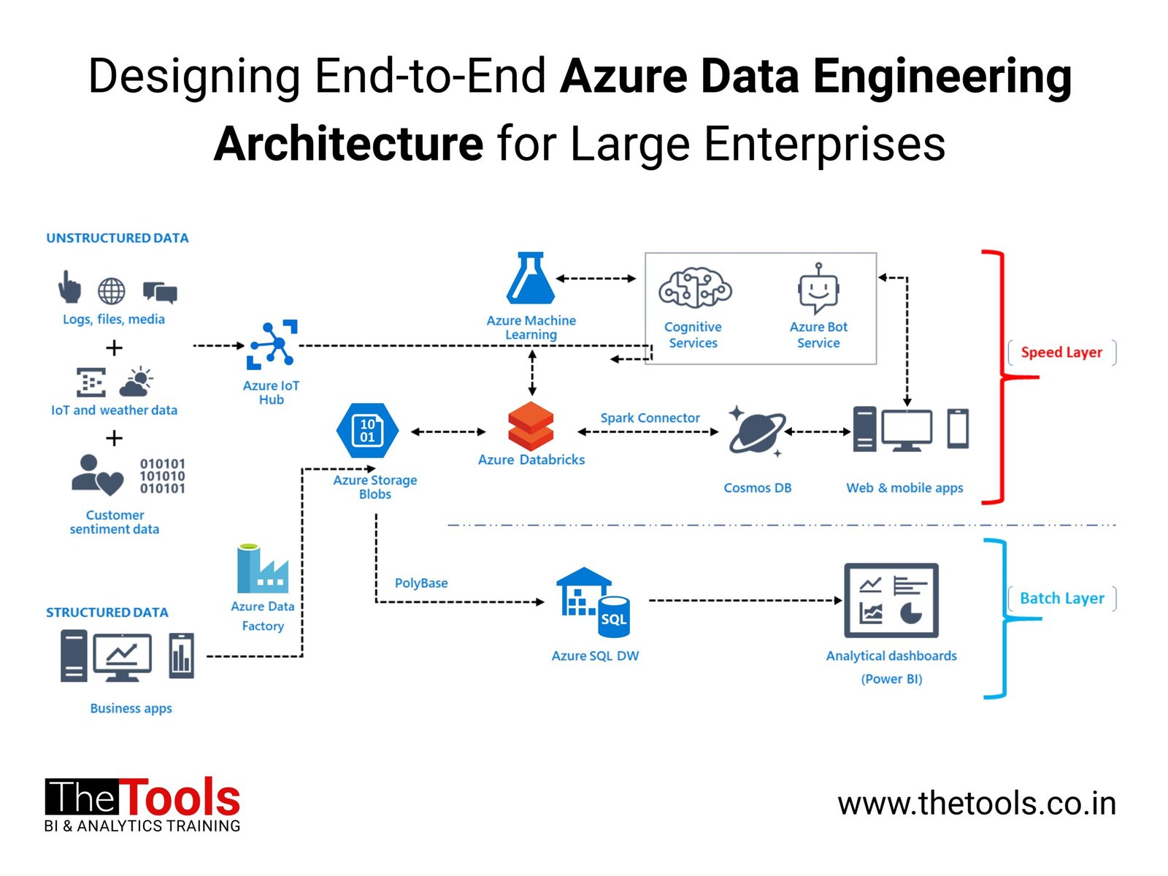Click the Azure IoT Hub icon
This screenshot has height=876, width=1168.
click(272, 344)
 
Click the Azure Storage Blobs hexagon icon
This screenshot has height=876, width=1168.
click(367, 431)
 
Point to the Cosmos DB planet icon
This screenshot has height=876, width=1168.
click(757, 431)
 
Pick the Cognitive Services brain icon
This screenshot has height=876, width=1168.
click(694, 288)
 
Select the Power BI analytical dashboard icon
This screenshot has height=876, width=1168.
click(891, 600)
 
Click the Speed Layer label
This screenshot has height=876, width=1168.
click(1061, 353)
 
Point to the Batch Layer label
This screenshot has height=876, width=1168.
click(1061, 599)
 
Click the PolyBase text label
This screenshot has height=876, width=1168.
click(421, 583)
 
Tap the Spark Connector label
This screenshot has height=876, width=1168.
click(650, 418)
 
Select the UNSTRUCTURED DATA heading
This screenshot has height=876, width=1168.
click(118, 238)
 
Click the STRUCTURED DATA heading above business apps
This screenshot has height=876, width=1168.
click(107, 612)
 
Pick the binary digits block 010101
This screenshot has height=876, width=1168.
click(162, 476)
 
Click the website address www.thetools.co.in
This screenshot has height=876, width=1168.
click(977, 804)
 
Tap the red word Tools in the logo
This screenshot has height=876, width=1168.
click(180, 798)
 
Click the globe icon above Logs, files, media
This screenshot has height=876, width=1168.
click(112, 291)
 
